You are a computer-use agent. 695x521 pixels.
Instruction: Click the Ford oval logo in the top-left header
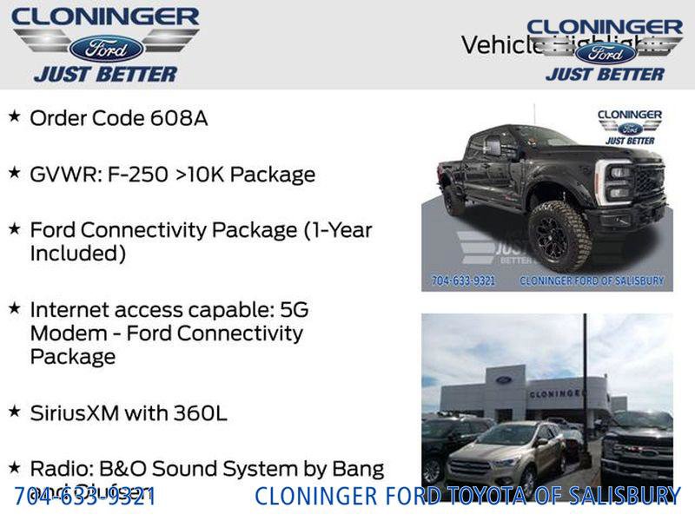coord(106,47)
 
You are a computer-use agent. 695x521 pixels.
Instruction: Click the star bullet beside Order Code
coord(14,116)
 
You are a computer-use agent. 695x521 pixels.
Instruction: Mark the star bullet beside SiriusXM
coord(14,411)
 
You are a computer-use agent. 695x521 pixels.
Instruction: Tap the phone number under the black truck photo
coord(464,280)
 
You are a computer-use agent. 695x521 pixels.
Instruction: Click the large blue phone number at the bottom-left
coord(85,496)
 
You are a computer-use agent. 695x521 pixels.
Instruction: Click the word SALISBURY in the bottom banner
coord(625,496)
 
